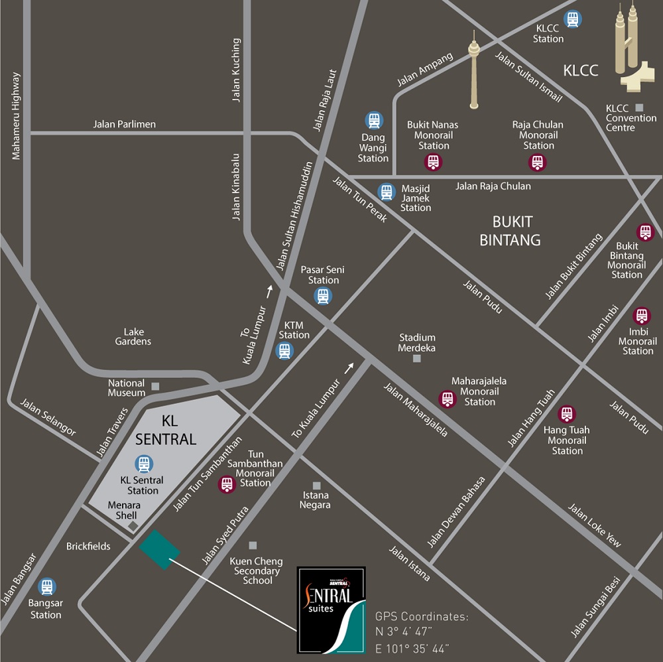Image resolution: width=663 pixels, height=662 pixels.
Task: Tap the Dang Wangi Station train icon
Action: click(x=373, y=121)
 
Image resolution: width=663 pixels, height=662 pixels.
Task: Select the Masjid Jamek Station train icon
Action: click(x=387, y=192)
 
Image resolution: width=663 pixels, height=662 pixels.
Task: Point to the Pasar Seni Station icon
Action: click(x=323, y=296)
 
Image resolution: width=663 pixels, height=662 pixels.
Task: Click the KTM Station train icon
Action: click(x=285, y=351)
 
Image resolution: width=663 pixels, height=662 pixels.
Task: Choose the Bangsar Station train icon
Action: click(x=46, y=587)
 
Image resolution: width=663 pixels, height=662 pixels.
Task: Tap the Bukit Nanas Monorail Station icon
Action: click(x=433, y=161)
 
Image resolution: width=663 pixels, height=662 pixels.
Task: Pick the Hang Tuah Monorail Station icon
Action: click(x=567, y=415)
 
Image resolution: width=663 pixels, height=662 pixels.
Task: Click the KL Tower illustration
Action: click(x=473, y=70)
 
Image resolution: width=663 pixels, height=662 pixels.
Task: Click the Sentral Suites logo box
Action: click(x=331, y=610)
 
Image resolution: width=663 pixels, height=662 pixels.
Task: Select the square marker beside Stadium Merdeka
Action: click(x=417, y=359)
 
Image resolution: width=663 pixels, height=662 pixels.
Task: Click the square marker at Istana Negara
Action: click(x=317, y=486)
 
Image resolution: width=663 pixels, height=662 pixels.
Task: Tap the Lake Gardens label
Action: click(x=137, y=336)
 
